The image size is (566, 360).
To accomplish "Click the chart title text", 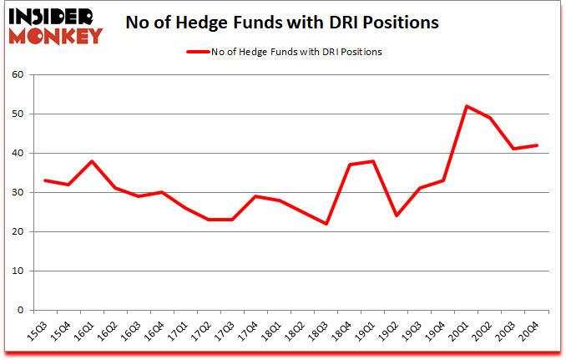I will tap(281, 23).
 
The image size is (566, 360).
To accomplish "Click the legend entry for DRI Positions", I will tap(298, 52).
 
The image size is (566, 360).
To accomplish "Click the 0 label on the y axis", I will tap(20, 310).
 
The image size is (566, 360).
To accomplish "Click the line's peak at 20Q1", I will tap(467, 106).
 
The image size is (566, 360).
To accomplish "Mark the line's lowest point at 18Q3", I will tap(326, 224).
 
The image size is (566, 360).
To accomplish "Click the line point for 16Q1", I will tap(91, 161).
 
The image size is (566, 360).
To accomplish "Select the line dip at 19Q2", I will tap(397, 215).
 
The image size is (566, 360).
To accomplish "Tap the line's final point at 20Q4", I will tap(537, 145).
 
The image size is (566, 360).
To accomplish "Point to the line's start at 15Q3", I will tap(44, 180).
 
